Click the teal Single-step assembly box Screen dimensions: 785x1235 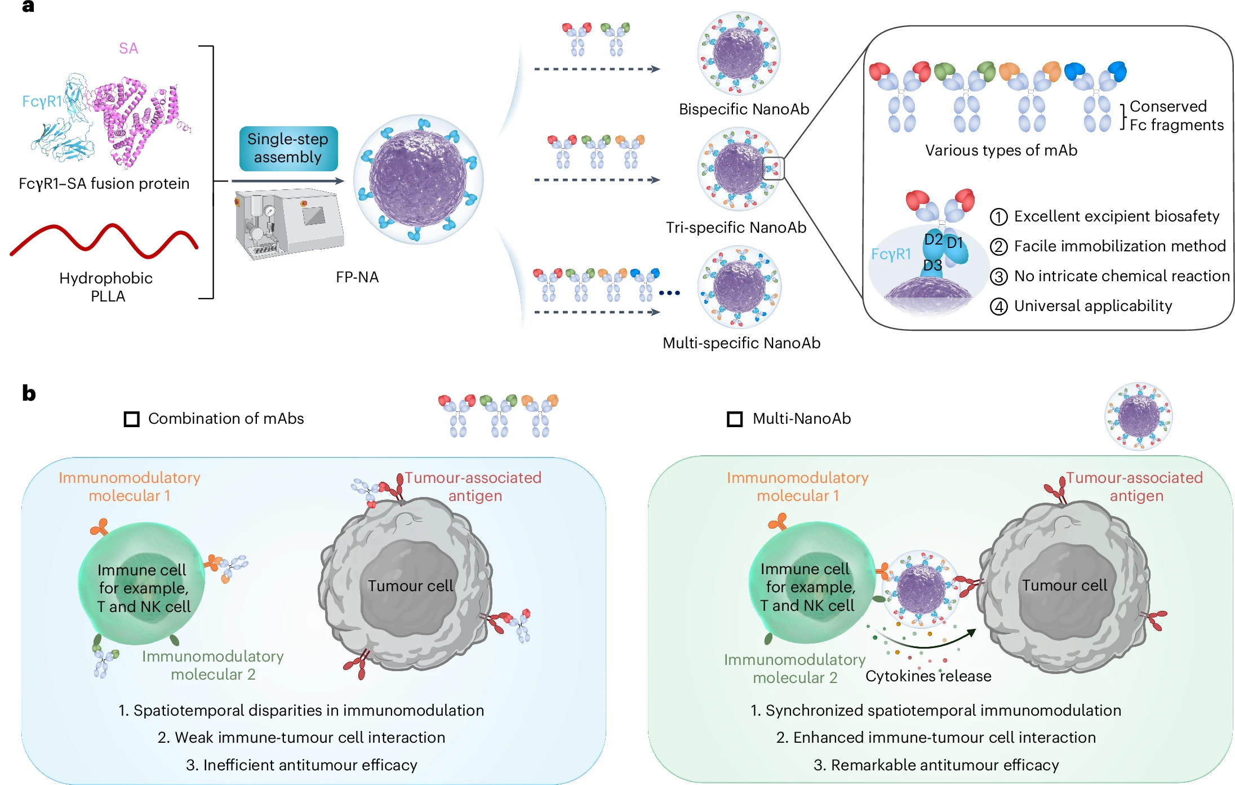pos(288,148)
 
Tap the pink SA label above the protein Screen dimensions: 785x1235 pos(128,48)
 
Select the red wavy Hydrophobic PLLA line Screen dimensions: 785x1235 pos(104,241)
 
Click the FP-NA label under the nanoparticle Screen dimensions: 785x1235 pos(357,277)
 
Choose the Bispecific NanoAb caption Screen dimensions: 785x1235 pos(744,109)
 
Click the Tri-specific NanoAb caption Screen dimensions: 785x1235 pos(736,228)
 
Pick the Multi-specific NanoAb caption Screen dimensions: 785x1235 pos(741,343)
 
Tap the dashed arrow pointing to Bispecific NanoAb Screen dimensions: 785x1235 pos(597,69)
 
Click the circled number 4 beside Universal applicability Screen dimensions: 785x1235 pos(999,307)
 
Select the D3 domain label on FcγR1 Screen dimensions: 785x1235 pos(932,265)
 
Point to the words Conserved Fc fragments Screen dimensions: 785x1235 pos(1176,116)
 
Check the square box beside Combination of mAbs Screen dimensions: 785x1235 pos(132,419)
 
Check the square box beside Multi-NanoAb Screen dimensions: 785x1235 pos(735,419)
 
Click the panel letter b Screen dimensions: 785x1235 pos(29,393)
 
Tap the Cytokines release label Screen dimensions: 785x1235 pos(928,676)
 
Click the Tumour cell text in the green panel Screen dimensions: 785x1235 pos(1064,586)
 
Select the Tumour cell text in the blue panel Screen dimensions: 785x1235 pos(410,586)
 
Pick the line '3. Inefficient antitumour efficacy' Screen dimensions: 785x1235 pos(301,765)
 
